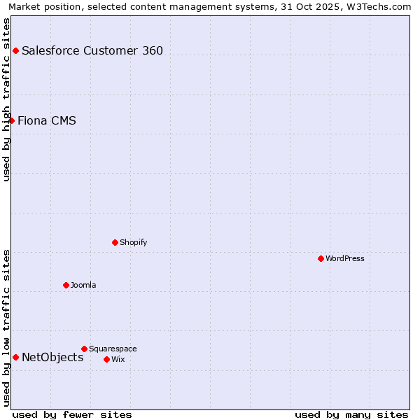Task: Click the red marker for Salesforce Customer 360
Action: (15, 50)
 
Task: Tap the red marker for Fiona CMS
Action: (11, 120)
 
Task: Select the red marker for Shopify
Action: (115, 242)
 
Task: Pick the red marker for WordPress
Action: (321, 258)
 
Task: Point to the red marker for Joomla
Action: (66, 285)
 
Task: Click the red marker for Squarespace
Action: (84, 349)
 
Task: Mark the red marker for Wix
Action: (106, 359)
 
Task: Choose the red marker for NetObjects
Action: (15, 357)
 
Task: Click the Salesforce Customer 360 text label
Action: (92, 50)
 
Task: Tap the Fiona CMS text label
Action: (47, 120)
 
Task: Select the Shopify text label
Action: (133, 242)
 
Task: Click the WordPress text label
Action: (345, 258)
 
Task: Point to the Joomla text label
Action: (83, 285)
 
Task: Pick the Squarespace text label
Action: (113, 349)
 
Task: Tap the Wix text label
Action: (118, 359)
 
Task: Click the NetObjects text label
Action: (52, 357)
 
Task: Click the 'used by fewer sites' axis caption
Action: (72, 414)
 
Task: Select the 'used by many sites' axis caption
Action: (351, 414)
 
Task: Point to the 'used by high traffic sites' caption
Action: (6, 100)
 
